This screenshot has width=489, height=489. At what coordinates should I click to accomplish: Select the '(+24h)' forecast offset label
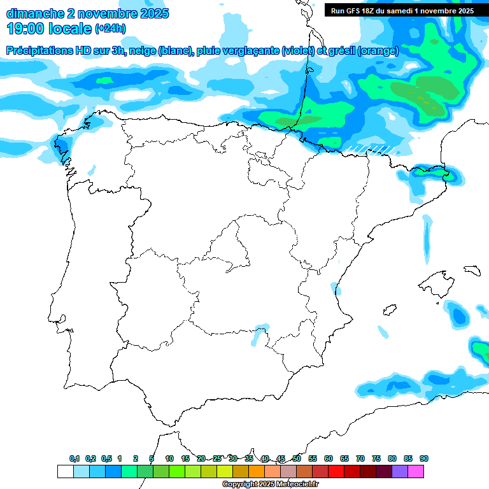[111, 29]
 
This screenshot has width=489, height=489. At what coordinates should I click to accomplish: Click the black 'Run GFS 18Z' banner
[402, 10]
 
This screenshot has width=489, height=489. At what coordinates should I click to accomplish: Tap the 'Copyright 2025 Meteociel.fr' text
[270, 485]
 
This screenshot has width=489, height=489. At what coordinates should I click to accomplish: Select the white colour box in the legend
[65, 471]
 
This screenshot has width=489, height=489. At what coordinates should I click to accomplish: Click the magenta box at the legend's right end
[416, 471]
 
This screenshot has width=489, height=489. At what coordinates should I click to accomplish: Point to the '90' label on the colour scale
[424, 458]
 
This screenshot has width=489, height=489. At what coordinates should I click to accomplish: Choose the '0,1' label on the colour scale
[74, 458]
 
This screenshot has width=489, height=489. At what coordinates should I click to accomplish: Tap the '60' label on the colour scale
[329, 458]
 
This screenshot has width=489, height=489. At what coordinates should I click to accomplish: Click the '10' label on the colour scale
[169, 458]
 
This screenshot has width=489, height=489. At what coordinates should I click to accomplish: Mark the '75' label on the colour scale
[376, 458]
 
